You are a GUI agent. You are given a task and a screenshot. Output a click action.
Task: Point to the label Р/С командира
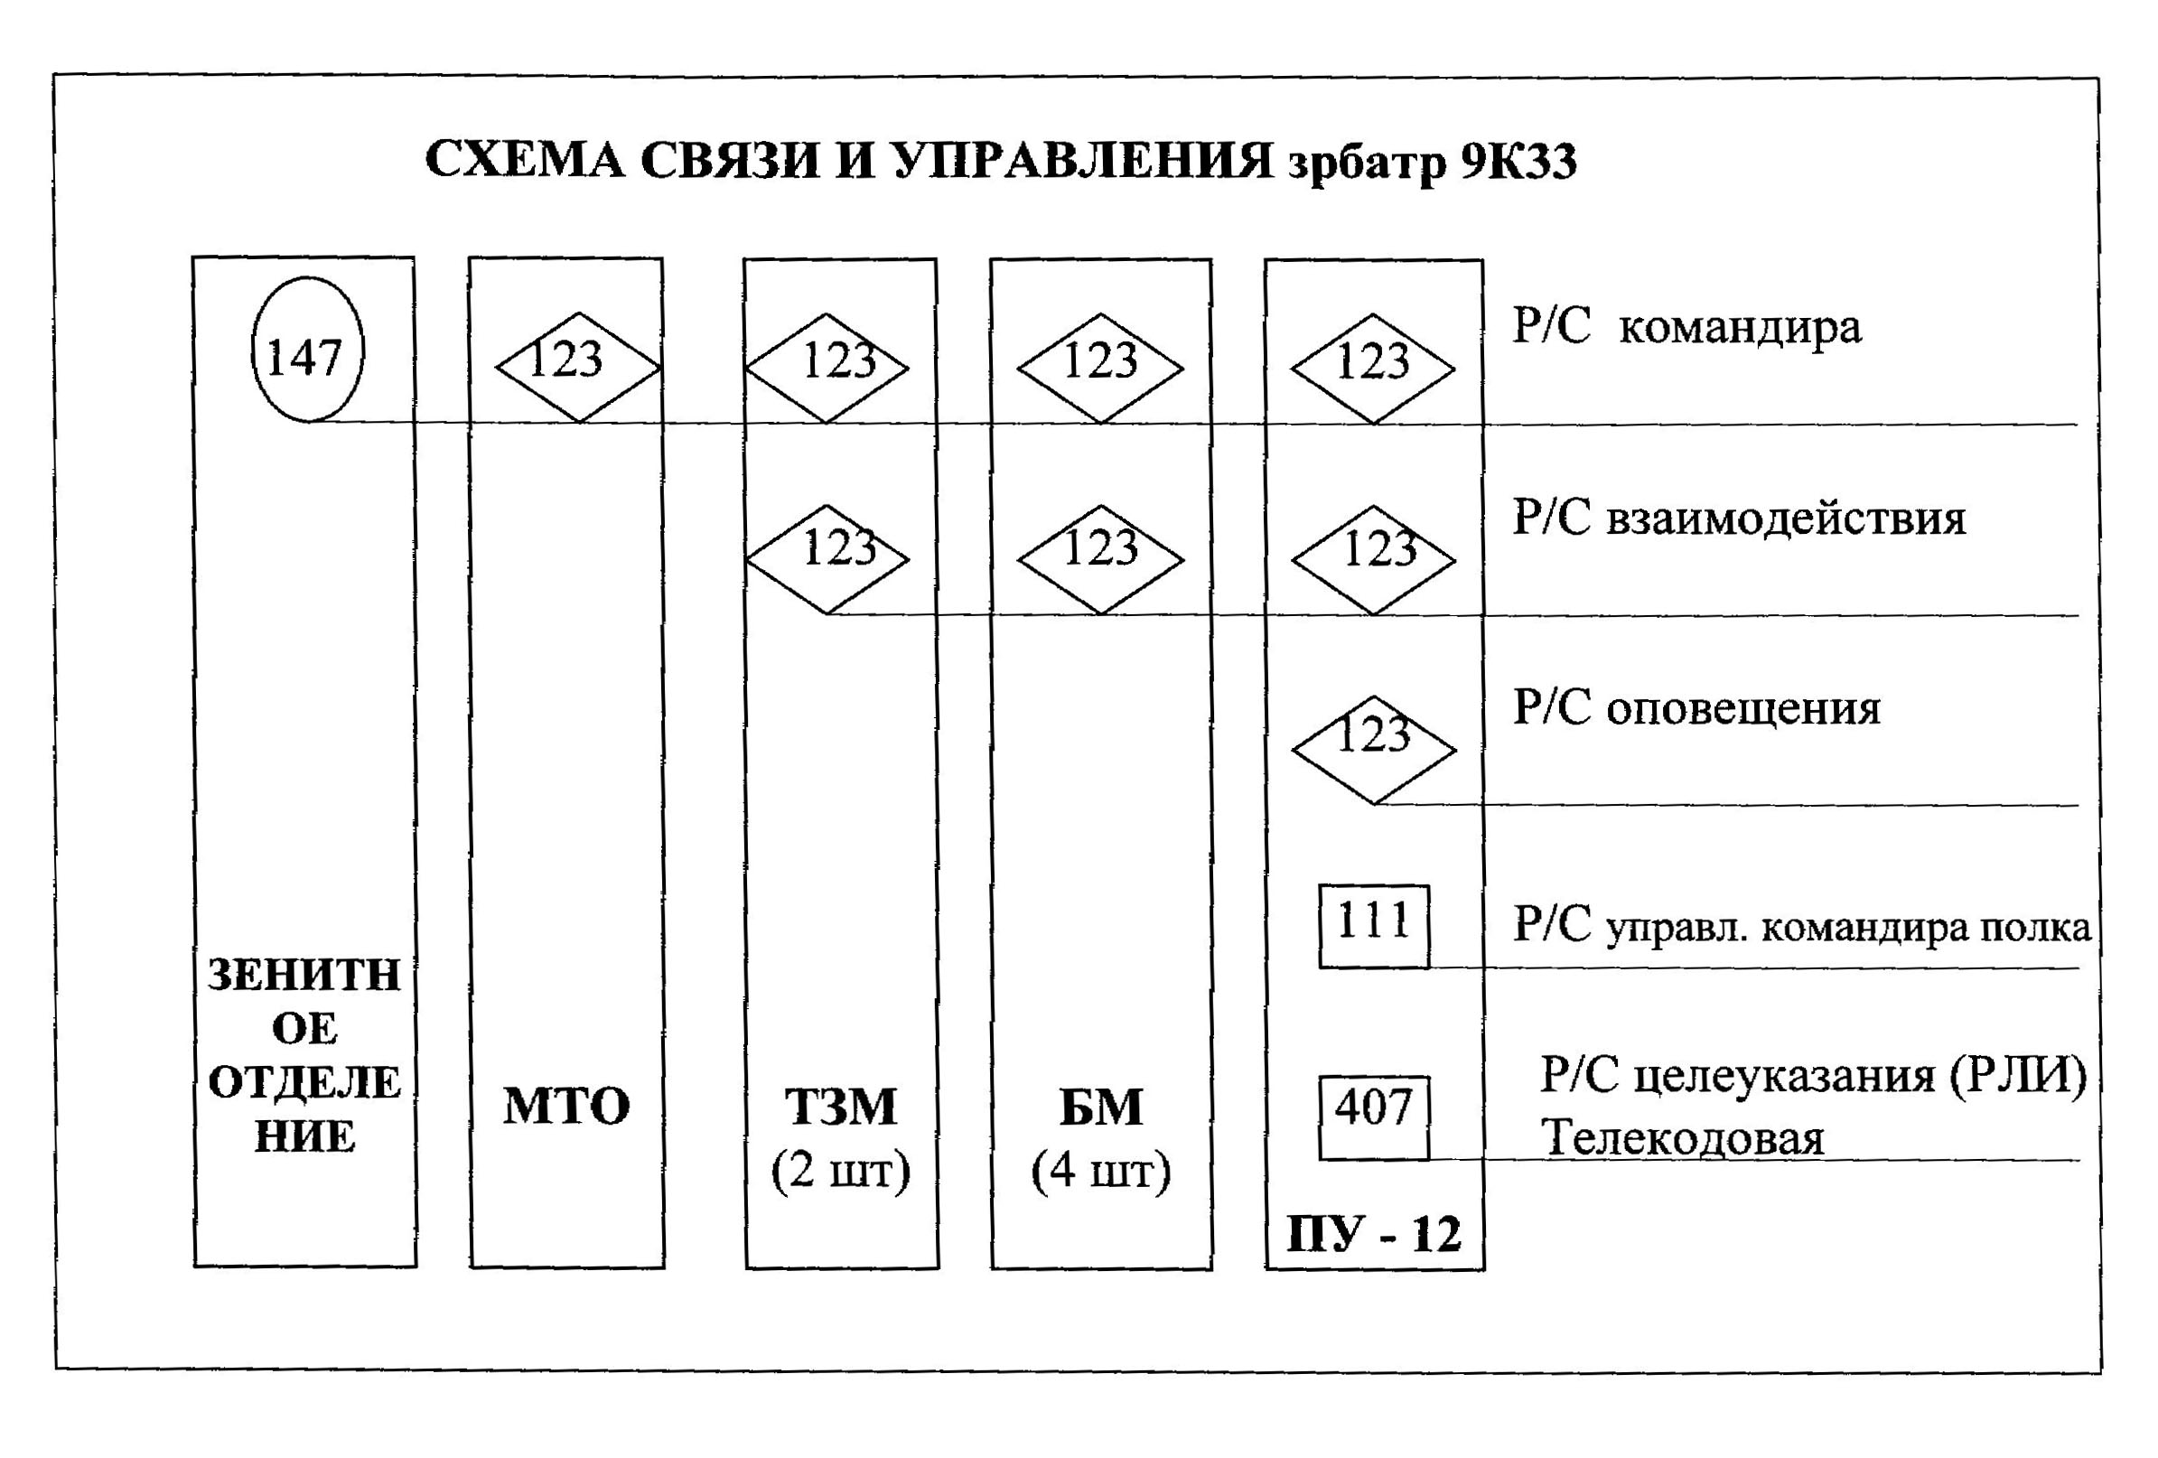click(x=1686, y=327)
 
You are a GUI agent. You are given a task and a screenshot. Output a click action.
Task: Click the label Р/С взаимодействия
click(x=1738, y=518)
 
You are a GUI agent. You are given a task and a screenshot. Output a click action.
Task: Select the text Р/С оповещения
click(x=1696, y=707)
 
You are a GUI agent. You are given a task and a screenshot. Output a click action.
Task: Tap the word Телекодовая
click(x=1682, y=1138)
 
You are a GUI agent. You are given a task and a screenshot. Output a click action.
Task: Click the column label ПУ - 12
click(x=1372, y=1235)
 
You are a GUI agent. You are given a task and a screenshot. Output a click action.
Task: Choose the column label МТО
click(x=565, y=1107)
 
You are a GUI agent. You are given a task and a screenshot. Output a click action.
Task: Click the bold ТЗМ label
click(x=840, y=1107)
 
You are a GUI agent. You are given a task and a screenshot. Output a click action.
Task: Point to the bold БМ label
click(x=1100, y=1107)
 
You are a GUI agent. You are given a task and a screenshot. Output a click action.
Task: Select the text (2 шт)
click(x=840, y=1172)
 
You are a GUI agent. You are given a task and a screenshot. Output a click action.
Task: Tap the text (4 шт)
click(x=1100, y=1172)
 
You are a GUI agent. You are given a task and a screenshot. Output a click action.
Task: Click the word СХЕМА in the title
click(x=525, y=161)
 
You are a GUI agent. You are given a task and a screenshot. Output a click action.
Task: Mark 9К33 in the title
click(x=1518, y=163)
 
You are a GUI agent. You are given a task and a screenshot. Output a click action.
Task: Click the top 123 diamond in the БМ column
click(x=1099, y=367)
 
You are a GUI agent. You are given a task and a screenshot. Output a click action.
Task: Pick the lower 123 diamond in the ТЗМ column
click(x=827, y=557)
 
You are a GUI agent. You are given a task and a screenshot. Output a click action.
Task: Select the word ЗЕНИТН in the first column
click(x=304, y=975)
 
